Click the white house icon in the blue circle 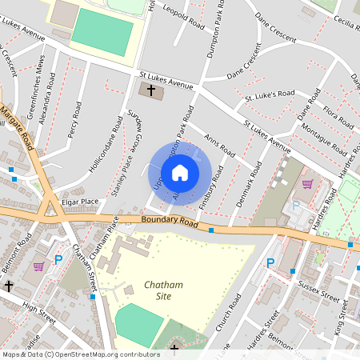[x=180, y=173]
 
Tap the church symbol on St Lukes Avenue [x=150, y=90]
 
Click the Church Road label [x=233, y=313]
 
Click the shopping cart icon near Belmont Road [x=38, y=266]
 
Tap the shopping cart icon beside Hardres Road [x=306, y=183]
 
